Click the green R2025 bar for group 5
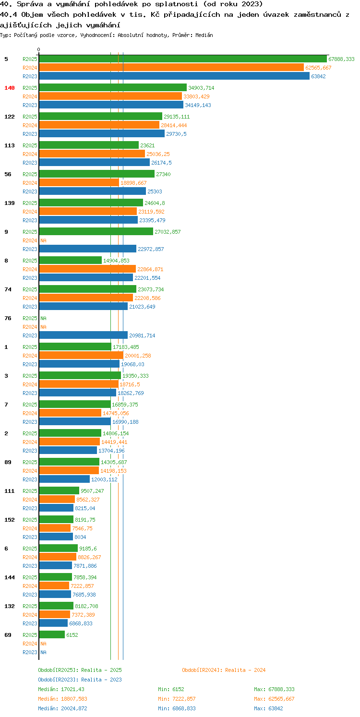point(183,59)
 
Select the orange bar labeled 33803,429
point(110,96)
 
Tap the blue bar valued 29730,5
point(102,134)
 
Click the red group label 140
point(10,88)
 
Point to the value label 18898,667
point(133,183)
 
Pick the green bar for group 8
point(71,261)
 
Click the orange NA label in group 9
point(43,240)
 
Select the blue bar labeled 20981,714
point(83,335)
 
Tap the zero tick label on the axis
point(39,49)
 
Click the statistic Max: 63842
point(268,708)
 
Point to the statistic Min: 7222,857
point(177,699)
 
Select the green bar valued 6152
point(52,635)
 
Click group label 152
point(10,520)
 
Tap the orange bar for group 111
point(57,499)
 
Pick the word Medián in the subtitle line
point(204,35)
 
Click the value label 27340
point(163,174)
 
